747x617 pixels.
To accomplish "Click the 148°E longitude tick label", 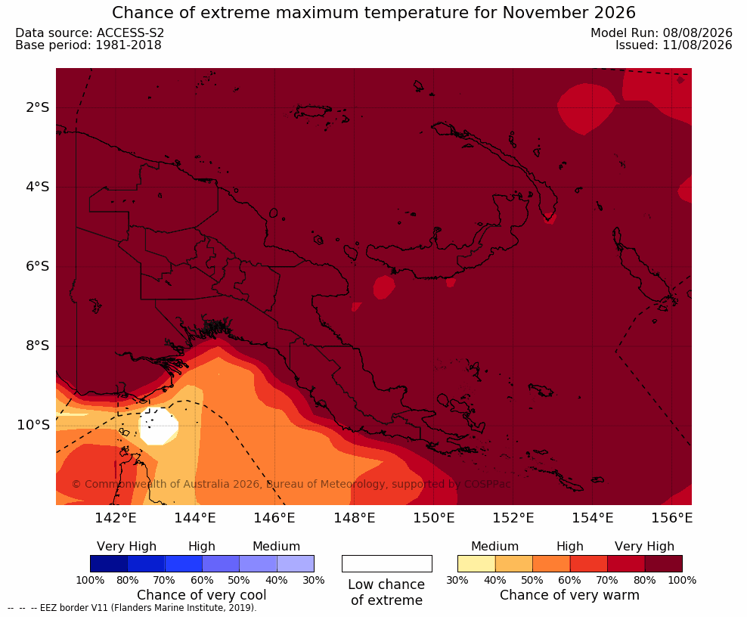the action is click(x=355, y=517).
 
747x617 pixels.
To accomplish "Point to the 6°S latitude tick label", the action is click(x=38, y=266).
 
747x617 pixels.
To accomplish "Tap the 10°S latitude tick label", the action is click(x=33, y=425).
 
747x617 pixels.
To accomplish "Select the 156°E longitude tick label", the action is click(x=671, y=517).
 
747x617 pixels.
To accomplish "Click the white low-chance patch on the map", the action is click(x=159, y=426).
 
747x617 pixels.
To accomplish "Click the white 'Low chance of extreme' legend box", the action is click(x=387, y=563).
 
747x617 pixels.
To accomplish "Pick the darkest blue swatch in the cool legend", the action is click(x=109, y=563).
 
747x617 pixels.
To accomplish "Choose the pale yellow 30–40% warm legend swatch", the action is click(x=476, y=563).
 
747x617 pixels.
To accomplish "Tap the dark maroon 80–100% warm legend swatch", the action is click(x=664, y=563).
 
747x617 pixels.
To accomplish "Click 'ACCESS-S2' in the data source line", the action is click(x=130, y=33).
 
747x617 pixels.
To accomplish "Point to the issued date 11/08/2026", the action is click(x=697, y=45).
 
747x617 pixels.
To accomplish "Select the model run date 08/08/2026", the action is click(x=697, y=33).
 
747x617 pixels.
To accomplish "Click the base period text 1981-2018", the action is click(x=129, y=45).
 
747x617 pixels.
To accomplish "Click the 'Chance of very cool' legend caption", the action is click(x=202, y=595).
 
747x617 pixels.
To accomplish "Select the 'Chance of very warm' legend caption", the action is click(x=569, y=595).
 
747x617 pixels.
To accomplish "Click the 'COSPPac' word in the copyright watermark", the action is click(x=488, y=484).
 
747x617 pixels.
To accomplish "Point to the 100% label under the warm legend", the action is click(x=682, y=580).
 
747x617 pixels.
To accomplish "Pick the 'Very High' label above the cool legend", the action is click(x=126, y=547).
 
